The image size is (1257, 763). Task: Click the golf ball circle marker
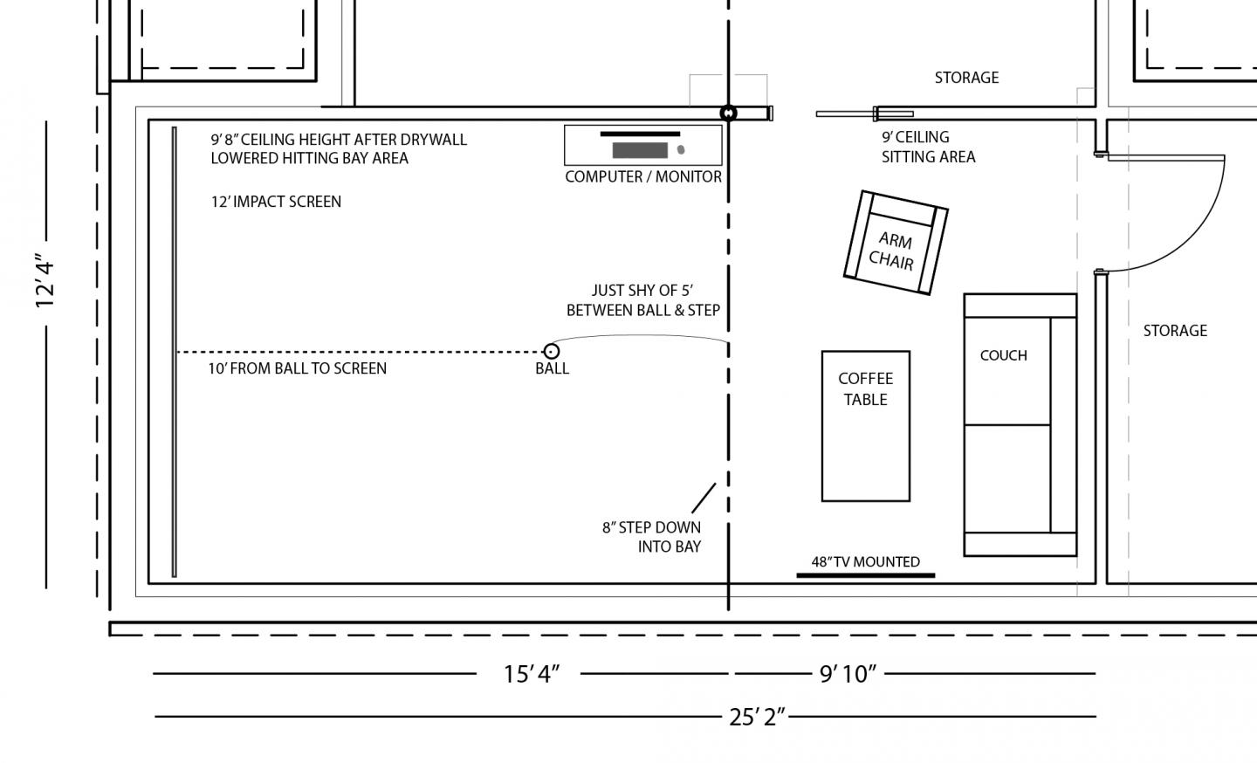click(x=552, y=351)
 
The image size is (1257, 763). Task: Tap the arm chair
click(x=896, y=243)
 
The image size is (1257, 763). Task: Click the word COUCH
click(x=1003, y=355)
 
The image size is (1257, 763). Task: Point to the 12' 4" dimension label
click(x=45, y=284)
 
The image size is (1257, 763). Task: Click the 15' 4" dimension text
click(x=532, y=674)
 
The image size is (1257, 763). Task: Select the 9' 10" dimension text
click(x=848, y=674)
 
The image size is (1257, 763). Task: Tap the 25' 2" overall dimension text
click(x=757, y=717)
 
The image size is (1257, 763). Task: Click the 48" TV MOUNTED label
click(x=865, y=561)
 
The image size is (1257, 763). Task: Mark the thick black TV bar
click(x=866, y=575)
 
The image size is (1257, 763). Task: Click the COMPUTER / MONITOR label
click(x=643, y=176)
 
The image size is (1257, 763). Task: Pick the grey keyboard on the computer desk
click(x=640, y=150)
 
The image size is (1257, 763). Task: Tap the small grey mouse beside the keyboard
click(x=681, y=150)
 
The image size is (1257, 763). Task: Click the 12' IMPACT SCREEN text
click(x=276, y=202)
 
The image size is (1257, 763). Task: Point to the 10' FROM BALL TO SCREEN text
click(x=298, y=368)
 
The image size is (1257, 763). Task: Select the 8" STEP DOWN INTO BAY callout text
click(x=651, y=537)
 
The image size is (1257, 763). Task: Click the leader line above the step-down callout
click(x=704, y=498)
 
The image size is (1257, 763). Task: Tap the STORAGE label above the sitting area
click(x=966, y=78)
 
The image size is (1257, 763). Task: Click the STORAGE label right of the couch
click(x=1175, y=331)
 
